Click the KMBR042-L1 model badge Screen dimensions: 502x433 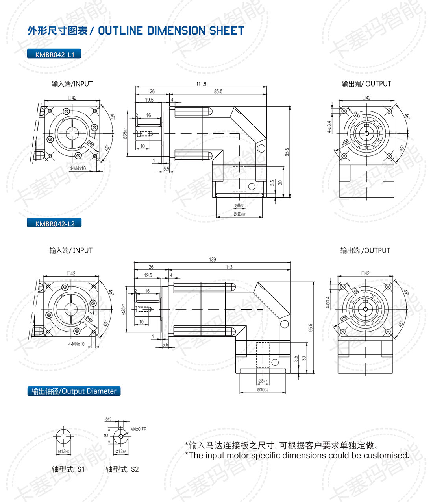[x=54, y=54]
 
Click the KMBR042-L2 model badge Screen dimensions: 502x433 [x=54, y=223]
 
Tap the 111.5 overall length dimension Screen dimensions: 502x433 [x=201, y=84]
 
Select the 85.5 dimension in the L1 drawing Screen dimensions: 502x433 [x=218, y=91]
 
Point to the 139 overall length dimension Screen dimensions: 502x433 [x=212, y=259]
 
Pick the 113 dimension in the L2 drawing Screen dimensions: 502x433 [x=229, y=267]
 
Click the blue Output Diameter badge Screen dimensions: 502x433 [x=74, y=391]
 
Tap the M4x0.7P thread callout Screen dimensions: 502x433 [x=138, y=429]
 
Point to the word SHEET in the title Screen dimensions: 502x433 [x=226, y=31]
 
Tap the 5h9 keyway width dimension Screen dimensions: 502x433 [x=108, y=419]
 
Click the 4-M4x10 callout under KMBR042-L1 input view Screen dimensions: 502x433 [x=78, y=168]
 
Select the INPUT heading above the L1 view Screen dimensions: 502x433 [x=83, y=84]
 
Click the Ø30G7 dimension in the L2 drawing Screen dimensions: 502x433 [x=263, y=390]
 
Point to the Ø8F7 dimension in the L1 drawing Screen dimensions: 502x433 [x=239, y=206]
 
